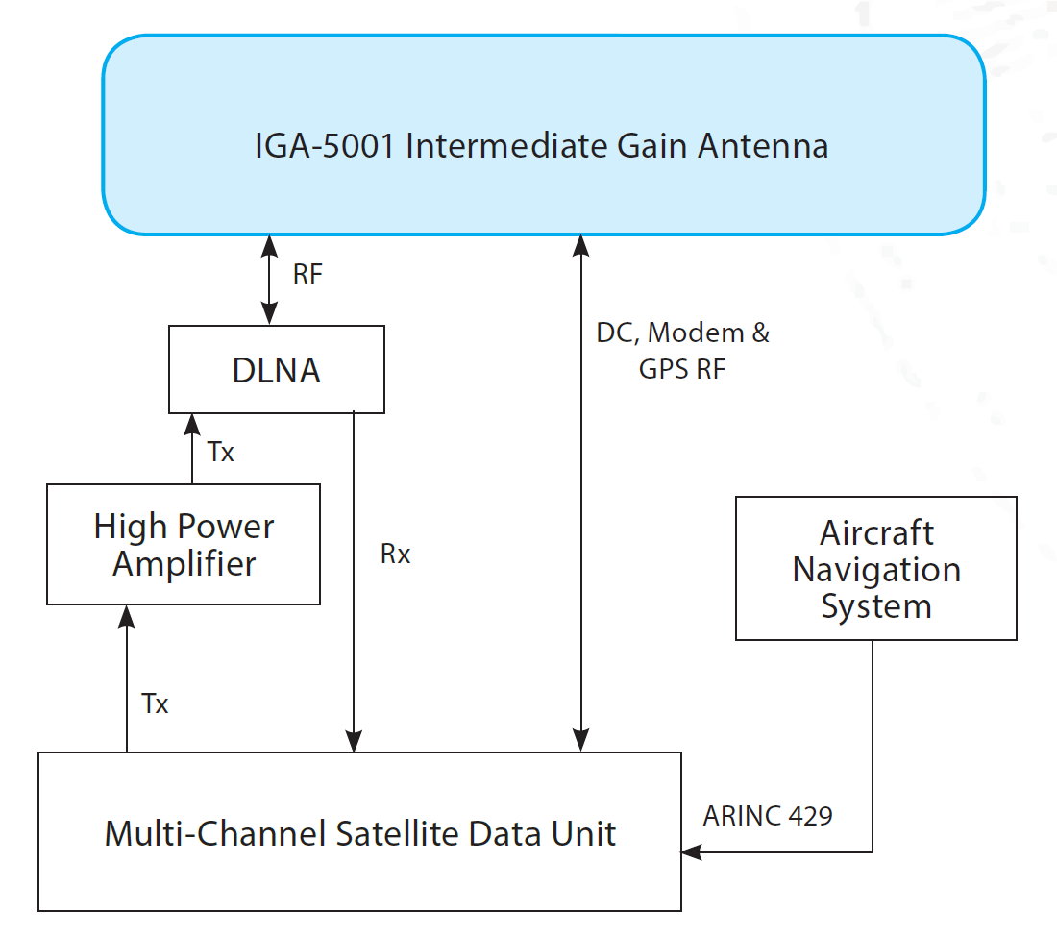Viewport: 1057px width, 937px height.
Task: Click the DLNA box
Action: point(277,369)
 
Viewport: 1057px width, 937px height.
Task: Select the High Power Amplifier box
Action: point(184,544)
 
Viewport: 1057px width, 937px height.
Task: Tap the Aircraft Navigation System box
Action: point(876,568)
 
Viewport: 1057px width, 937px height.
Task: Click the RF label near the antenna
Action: point(308,274)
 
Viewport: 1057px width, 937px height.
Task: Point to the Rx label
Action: point(395,555)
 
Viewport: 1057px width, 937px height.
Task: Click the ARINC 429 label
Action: point(768,816)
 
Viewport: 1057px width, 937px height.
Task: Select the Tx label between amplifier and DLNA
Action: point(220,452)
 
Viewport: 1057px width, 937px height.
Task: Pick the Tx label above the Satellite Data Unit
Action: point(155,703)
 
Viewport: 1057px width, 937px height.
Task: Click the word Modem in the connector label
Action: point(696,333)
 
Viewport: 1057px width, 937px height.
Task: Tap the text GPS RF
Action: point(682,369)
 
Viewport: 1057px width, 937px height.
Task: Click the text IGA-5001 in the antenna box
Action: point(324,146)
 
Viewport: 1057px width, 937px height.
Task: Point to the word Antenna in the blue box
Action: point(763,146)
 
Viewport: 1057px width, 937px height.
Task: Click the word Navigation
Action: point(876,570)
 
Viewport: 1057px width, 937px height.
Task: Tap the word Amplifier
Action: point(184,563)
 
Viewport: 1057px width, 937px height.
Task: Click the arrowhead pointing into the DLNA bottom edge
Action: point(192,424)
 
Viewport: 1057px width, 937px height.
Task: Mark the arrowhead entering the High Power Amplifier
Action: point(127,616)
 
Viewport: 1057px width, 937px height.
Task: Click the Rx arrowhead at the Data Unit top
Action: point(354,741)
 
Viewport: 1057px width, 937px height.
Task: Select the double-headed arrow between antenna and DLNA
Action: point(270,280)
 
